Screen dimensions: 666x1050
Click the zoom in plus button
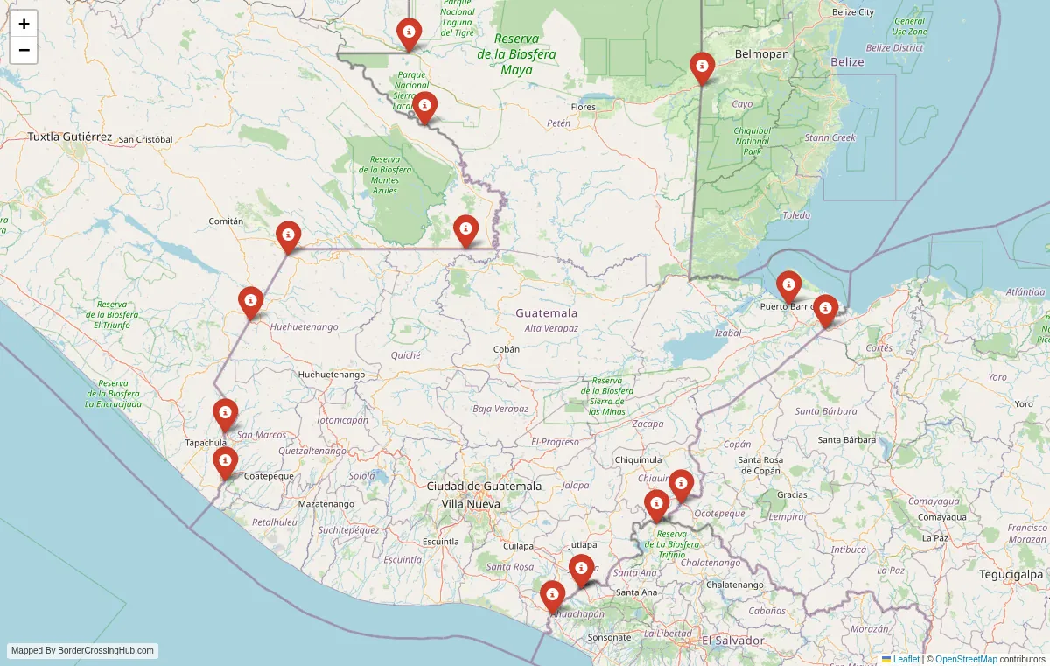tap(24, 24)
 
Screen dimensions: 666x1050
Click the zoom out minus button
tap(24, 50)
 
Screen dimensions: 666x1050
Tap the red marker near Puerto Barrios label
tap(788, 286)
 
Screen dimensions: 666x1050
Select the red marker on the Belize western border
tap(702, 67)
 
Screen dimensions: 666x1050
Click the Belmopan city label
tap(762, 54)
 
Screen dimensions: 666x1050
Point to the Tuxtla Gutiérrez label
tap(70, 137)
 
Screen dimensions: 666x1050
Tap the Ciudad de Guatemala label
tap(484, 487)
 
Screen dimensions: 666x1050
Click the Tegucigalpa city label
tap(1010, 574)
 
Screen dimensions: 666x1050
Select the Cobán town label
tap(507, 349)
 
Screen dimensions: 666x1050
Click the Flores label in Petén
tap(583, 108)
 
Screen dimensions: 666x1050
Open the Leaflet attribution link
tap(906, 659)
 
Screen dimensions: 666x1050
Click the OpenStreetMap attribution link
tap(966, 659)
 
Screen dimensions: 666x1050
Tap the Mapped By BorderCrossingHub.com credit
tap(83, 651)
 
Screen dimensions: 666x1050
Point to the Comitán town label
tap(226, 221)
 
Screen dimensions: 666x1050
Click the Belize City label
tap(852, 12)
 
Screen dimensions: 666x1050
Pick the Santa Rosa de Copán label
tap(760, 465)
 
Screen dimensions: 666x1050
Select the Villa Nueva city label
tap(471, 504)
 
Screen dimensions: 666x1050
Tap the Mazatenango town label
tap(326, 504)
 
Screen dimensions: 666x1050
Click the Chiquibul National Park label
tap(752, 141)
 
